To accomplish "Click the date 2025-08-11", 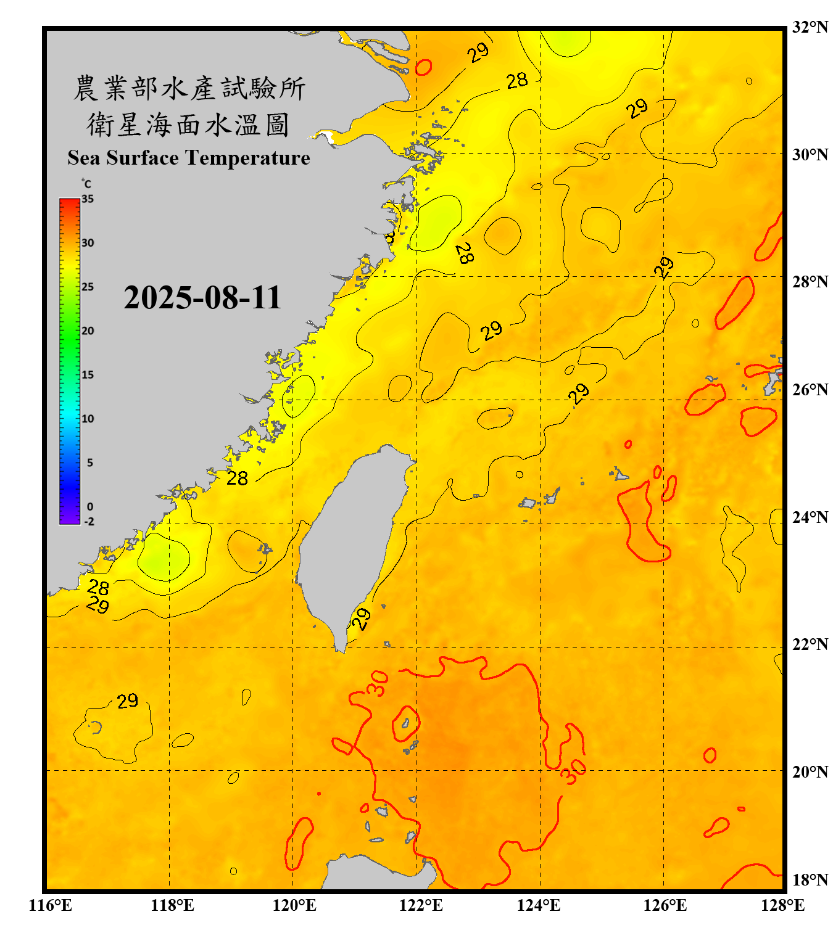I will [202, 298].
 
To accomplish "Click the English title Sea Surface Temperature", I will [189, 158].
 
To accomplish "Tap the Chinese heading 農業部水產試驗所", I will [189, 88].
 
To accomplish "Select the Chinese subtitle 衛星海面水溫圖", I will [189, 125].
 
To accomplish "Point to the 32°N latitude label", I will [810, 27].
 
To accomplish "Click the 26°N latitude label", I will [810, 390].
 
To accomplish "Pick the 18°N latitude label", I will [810, 880].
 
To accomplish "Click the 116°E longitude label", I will [51, 905].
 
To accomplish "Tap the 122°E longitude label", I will [421, 905].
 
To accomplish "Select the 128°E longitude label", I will [782, 905].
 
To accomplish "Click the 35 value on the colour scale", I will [88, 199].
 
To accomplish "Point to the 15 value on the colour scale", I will [88, 375].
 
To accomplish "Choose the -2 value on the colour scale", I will [89, 522].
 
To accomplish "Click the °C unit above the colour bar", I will [86, 184].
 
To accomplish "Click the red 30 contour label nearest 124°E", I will [573, 771].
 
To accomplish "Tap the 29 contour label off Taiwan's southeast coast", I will [361, 619].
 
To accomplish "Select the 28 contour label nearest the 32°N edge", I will [517, 80].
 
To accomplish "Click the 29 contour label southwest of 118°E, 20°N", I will [127, 701].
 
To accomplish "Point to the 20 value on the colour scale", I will [88, 331].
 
